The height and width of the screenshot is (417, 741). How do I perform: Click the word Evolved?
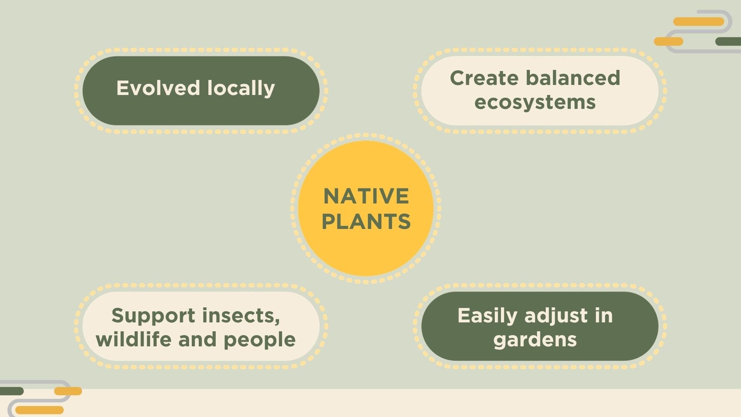tap(158, 88)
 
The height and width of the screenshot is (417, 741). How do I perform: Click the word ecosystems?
tap(535, 102)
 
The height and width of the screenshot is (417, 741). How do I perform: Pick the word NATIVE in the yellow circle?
tap(366, 196)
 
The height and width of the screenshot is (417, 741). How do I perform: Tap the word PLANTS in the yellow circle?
tap(366, 221)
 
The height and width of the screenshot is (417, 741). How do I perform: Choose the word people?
tap(259, 340)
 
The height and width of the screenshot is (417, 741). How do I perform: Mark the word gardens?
tap(535, 340)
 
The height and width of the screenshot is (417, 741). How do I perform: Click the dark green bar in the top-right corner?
tap(728, 41)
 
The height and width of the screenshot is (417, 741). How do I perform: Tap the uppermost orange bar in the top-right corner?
tap(699, 22)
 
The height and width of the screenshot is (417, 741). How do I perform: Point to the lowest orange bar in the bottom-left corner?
tap(39, 410)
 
